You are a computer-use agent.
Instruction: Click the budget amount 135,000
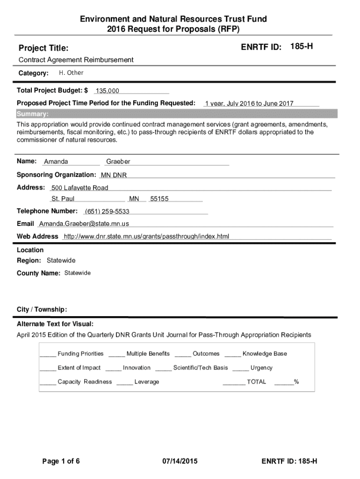tap(108, 91)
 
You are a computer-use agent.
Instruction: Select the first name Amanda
tap(56, 162)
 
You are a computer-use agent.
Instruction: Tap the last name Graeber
tap(118, 162)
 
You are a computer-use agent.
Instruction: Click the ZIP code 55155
tap(159, 199)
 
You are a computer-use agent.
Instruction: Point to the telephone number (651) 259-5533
tap(107, 211)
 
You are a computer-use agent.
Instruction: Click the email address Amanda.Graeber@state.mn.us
tap(84, 224)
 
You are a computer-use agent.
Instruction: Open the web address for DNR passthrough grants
tap(146, 236)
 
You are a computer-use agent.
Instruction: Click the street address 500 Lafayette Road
tap(79, 188)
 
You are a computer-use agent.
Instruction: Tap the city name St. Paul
tap(63, 199)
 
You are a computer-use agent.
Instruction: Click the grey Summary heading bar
tap(176, 114)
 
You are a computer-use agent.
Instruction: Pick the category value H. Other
tap(71, 73)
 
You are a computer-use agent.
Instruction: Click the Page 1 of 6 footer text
tap(61, 462)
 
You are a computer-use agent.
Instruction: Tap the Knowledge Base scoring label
tap(265, 354)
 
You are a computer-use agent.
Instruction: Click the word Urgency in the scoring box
tap(261, 368)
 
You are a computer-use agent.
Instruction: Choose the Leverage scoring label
tap(147, 382)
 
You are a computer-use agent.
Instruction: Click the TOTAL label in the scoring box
tap(256, 382)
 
